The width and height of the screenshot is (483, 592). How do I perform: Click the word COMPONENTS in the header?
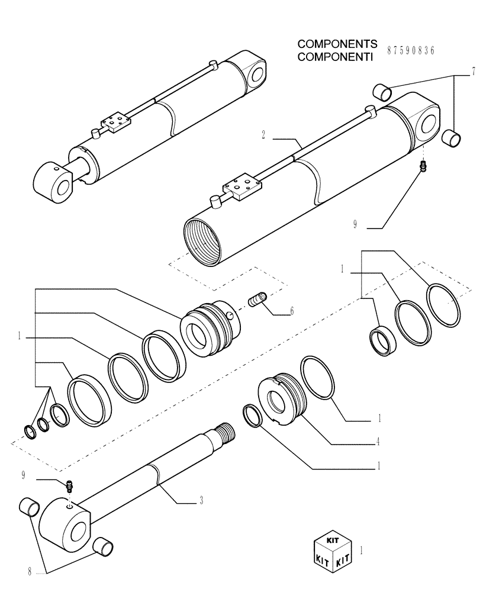coord(337,44)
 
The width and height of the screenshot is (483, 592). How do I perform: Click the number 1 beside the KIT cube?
coord(362,549)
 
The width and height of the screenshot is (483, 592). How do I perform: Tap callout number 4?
coord(378,441)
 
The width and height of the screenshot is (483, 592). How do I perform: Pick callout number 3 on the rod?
coord(201,502)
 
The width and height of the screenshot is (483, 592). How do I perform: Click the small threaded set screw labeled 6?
coord(258,300)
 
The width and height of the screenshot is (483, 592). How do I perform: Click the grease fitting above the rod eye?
coord(70,486)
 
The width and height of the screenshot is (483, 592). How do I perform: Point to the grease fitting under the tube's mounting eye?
coord(424,167)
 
